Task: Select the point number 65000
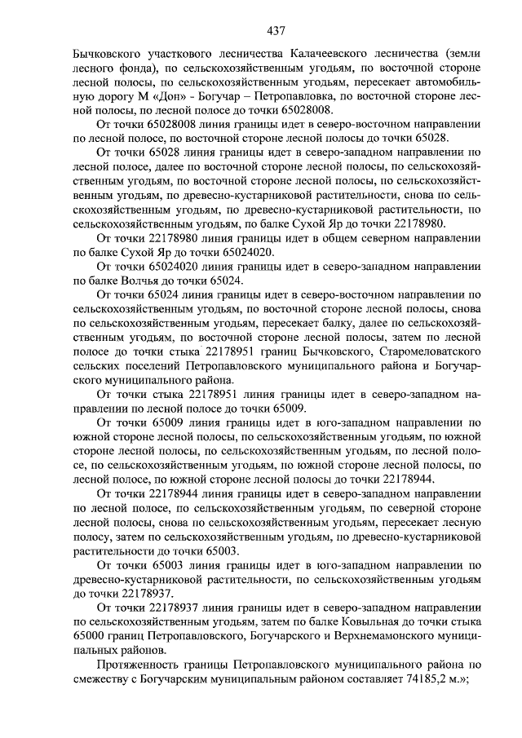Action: pyautogui.click(x=90, y=636)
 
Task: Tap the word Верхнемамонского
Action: pyautogui.click(x=379, y=636)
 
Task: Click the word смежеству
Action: pyautogui.click(x=107, y=679)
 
